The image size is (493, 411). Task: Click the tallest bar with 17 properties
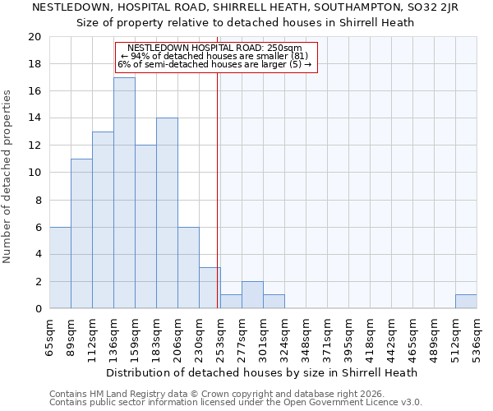[x=124, y=193]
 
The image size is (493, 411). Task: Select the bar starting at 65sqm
[x=60, y=268]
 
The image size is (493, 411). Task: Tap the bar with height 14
[x=167, y=214]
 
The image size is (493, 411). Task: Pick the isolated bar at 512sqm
[x=466, y=302]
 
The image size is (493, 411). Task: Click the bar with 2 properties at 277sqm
[x=252, y=295]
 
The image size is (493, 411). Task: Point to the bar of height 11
[x=81, y=234]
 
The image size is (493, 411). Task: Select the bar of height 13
[x=103, y=220]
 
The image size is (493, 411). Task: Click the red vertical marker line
[x=217, y=189]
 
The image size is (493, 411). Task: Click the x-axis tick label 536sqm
[x=477, y=336]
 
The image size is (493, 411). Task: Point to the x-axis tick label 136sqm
[x=113, y=336]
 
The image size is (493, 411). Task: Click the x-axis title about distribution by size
[x=262, y=372]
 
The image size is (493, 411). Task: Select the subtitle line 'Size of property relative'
[x=246, y=23]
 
